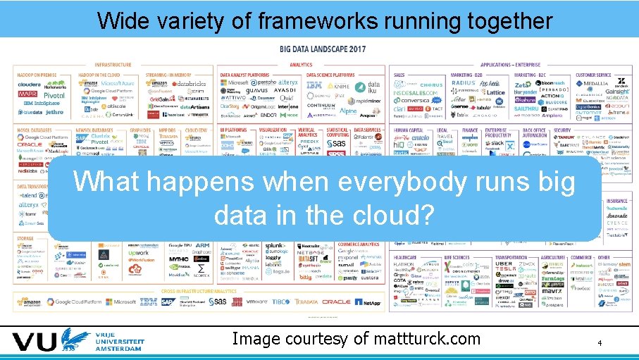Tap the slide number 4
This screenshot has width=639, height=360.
coord(600,343)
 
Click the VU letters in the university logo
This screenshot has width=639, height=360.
coord(35,343)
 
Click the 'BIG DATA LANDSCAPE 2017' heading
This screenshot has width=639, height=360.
coord(323,49)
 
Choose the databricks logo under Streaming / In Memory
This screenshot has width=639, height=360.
coord(187,83)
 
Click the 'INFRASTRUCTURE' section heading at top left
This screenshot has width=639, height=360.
coord(113,65)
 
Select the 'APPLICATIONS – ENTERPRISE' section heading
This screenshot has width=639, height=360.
coord(511,65)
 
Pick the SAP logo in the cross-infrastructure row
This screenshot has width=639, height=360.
coord(167,302)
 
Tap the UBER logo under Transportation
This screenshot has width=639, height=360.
coord(504,264)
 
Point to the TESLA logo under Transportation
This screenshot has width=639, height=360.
coord(504,271)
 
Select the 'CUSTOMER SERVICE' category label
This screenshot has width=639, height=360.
coord(593,75)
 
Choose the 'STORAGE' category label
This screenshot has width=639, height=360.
coord(26,239)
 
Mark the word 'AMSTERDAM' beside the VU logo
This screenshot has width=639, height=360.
coord(120,349)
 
